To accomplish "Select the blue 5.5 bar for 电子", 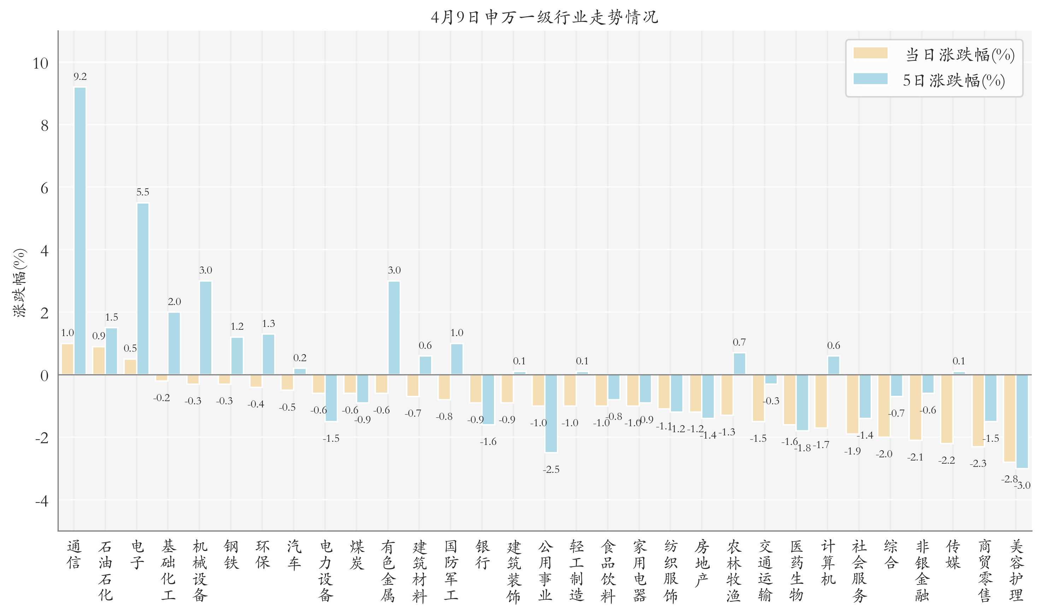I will tap(143, 288).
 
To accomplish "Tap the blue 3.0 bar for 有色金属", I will tap(394, 328).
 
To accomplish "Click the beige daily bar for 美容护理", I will tap(1009, 418).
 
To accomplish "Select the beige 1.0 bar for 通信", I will tap(67, 359).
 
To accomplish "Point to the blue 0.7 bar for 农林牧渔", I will tap(739, 364).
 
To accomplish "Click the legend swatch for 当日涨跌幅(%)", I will tap(870, 53).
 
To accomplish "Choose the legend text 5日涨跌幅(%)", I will tap(954, 80).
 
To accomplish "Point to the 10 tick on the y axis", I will tap(41, 64).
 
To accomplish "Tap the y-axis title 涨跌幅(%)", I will tap(19, 283).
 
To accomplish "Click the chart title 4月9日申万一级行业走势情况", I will tap(544, 17).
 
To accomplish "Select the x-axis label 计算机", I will tap(828, 562).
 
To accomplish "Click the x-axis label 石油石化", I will tap(105, 570).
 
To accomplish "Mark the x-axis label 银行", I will tap(483, 555).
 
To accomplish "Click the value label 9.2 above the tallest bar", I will tap(80, 76).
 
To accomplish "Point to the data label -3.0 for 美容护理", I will tap(1023, 485).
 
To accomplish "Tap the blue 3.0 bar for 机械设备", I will tap(205, 328).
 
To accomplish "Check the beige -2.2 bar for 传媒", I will tap(947, 409).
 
